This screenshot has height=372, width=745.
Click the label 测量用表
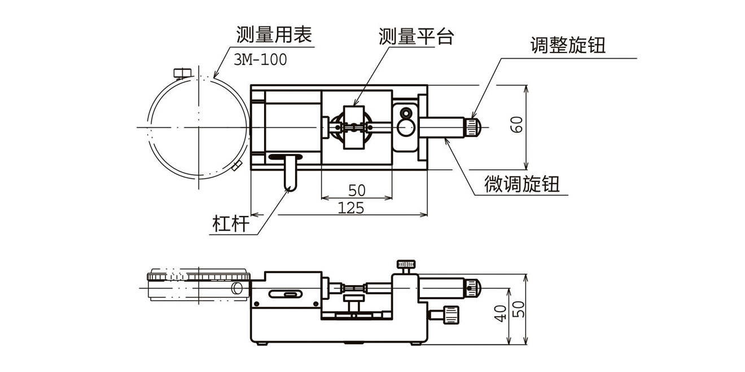point(274,36)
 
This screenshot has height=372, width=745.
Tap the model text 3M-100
point(260,59)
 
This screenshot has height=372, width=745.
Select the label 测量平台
point(417,37)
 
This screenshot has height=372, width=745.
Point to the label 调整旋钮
point(568,45)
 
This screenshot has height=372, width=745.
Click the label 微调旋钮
point(522,184)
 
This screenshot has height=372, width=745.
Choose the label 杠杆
point(231,224)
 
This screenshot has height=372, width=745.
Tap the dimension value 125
point(350,208)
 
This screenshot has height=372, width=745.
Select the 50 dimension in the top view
point(357,191)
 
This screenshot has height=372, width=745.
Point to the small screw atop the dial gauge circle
point(181,72)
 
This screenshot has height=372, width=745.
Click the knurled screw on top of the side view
point(406,264)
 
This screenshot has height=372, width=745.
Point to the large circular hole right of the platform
point(405,129)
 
